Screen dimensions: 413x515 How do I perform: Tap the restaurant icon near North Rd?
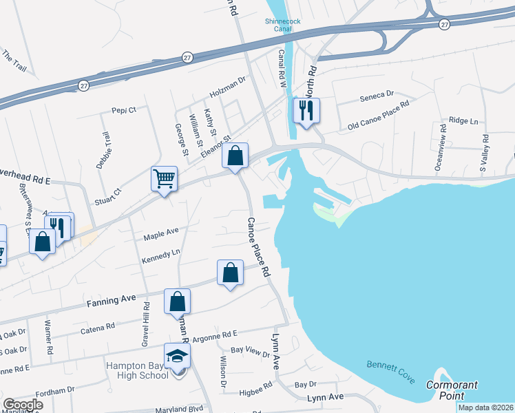click(x=306, y=110)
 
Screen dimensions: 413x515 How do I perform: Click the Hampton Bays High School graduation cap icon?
click(x=178, y=356)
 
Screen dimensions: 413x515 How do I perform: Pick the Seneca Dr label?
click(x=377, y=94)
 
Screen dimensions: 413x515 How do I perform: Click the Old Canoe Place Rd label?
click(x=379, y=115)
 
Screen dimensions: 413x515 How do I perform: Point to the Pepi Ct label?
click(x=124, y=109)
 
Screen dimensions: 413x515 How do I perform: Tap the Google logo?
click(x=23, y=405)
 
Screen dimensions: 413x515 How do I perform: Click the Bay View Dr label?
click(x=250, y=352)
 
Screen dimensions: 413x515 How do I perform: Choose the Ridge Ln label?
click(x=463, y=120)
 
